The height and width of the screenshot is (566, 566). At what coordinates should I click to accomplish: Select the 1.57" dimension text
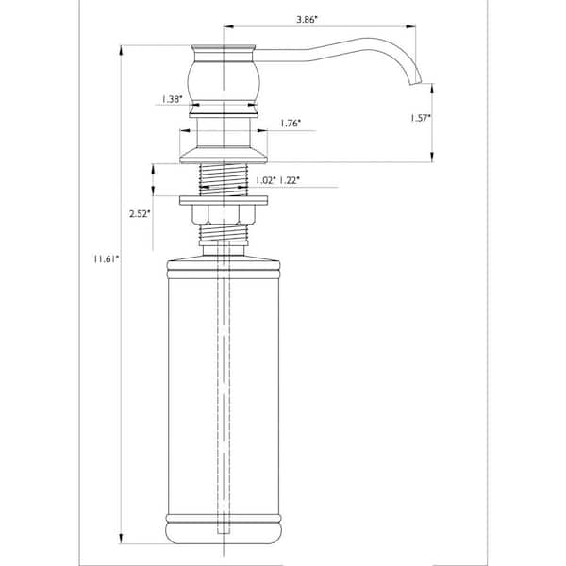pos(421,118)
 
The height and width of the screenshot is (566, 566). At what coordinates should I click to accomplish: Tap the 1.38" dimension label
pos(172,98)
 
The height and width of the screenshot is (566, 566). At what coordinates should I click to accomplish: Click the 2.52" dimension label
pos(139,214)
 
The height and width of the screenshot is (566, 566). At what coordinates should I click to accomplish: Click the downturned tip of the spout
pos(412,82)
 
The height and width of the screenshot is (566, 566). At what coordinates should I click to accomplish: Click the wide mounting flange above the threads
pos(225,150)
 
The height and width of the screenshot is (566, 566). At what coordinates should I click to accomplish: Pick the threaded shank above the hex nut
pos(225,178)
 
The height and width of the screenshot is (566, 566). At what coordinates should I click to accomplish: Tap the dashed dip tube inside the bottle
pos(225,377)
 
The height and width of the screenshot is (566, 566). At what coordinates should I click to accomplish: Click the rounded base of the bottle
pos(225,532)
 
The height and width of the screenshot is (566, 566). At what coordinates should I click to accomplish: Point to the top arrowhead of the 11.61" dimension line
pos(122,49)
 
